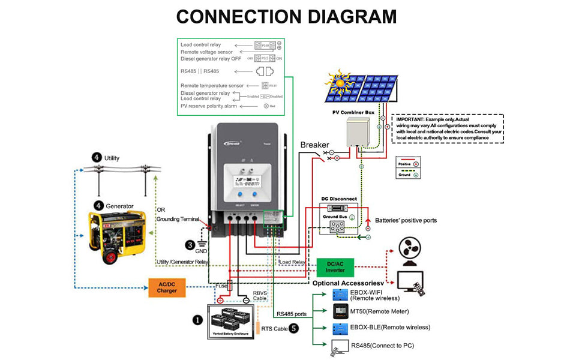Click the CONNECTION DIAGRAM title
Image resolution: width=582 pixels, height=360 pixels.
point(286,16)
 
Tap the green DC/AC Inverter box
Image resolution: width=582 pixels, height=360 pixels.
point(331,266)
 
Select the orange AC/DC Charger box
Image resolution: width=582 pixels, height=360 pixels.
point(167,287)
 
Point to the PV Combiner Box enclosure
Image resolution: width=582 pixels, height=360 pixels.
point(362,133)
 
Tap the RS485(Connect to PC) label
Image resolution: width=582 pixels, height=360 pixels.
point(382,345)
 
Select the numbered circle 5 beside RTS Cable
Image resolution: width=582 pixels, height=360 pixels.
point(294,328)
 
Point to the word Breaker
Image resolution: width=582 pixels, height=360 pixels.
point(314,145)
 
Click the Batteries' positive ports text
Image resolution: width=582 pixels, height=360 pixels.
point(406,220)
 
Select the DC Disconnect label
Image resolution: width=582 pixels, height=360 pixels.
point(339,199)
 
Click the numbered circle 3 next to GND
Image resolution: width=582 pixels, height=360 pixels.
point(190,244)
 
